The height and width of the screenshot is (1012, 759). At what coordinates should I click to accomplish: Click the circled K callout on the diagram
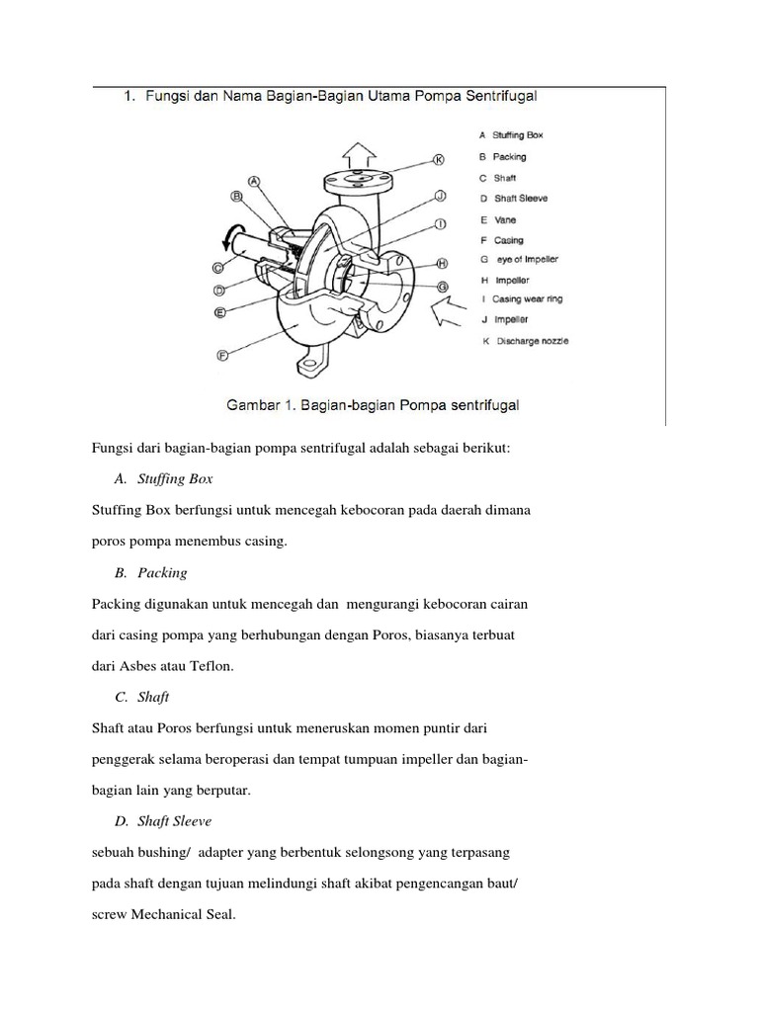439,158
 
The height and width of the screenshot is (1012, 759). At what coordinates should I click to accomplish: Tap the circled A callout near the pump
254,182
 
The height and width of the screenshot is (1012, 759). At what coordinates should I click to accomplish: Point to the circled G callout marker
443,286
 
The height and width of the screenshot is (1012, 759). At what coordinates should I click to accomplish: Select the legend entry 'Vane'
505,219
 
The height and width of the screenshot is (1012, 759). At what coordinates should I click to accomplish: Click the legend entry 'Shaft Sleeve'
521,198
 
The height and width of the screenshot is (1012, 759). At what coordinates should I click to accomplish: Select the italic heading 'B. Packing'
150,572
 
